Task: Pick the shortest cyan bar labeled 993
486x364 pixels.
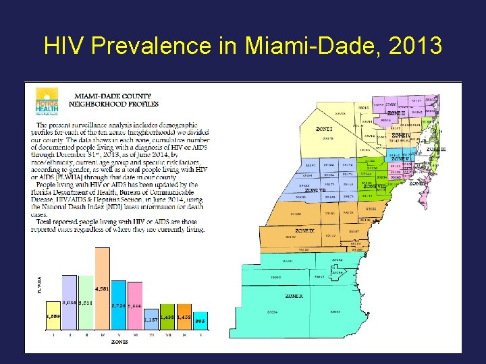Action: (x=200, y=322)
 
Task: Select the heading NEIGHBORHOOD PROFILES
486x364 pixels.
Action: (x=117, y=104)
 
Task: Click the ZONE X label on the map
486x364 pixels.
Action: (x=294, y=296)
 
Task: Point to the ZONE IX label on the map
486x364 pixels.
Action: (x=304, y=231)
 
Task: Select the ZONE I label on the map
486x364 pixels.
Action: (x=325, y=129)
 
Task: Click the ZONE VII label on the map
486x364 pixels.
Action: (x=315, y=191)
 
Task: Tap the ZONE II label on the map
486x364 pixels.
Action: (x=396, y=113)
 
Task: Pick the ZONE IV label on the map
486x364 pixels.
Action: (x=401, y=135)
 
